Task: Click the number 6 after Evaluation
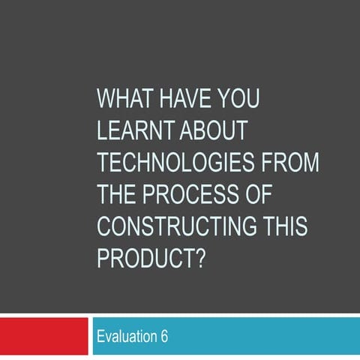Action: coord(163,337)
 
